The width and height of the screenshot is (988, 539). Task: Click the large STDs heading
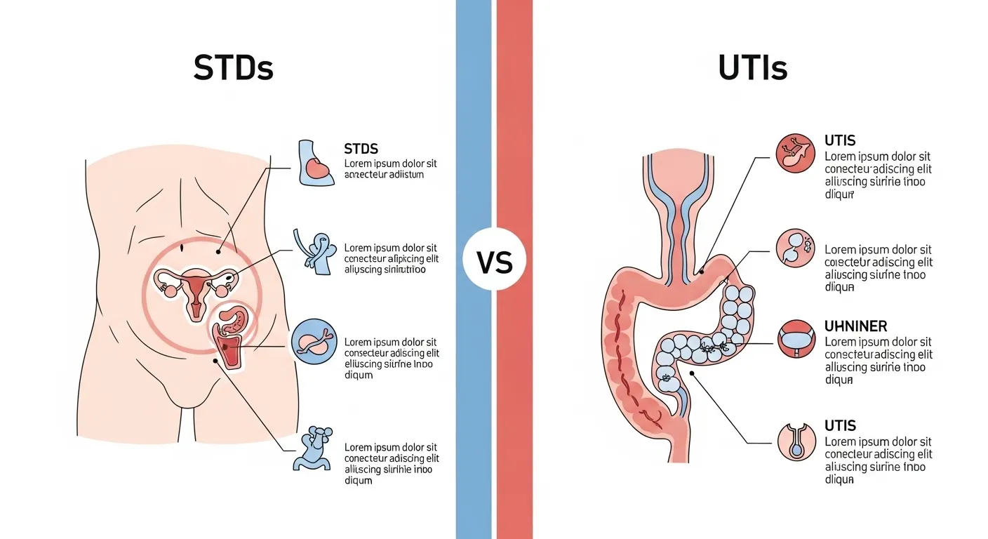[x=233, y=69]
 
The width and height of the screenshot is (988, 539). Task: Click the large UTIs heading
[x=753, y=69]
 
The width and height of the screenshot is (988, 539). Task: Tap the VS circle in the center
[x=494, y=263]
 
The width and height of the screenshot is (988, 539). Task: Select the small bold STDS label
[x=361, y=149]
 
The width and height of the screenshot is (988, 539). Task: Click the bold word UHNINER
[x=856, y=326]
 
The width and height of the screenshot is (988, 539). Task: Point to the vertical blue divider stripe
[x=474, y=421]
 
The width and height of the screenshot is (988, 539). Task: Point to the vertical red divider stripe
[x=514, y=421]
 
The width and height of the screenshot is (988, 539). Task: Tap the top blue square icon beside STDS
[x=314, y=164]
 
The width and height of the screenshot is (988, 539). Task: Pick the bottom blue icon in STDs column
[x=313, y=448]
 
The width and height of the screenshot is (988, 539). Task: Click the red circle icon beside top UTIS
[x=796, y=153]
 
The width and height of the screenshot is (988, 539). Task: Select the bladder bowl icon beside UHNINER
[x=796, y=341]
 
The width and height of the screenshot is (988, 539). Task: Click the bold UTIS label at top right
[x=840, y=141]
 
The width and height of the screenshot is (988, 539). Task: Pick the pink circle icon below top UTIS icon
[x=796, y=248]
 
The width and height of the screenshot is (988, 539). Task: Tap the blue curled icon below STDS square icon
[x=315, y=251]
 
